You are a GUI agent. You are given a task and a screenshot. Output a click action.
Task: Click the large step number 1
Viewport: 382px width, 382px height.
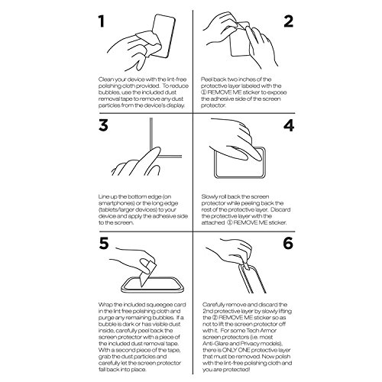(102, 21)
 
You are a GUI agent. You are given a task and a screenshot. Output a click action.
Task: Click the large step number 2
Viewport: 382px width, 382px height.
(289, 21)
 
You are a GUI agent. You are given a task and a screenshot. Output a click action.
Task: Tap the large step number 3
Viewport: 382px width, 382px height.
(103, 125)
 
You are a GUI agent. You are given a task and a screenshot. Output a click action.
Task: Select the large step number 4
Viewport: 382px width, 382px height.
(289, 125)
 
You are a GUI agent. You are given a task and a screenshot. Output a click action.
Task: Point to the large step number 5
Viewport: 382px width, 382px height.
(104, 243)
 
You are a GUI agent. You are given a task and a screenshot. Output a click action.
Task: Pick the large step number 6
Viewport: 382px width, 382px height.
(288, 243)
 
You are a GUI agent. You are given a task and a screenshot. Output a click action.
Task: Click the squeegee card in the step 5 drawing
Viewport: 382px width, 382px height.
(147, 273)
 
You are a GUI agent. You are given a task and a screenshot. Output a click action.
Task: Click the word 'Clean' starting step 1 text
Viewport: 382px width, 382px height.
(105, 79)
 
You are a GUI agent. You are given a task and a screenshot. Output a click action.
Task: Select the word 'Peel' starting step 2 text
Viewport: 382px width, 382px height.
(206, 79)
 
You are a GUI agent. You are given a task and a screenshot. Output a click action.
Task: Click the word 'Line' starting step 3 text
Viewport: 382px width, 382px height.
(104, 197)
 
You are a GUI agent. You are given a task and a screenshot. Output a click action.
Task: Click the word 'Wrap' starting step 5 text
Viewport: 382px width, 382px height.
(105, 305)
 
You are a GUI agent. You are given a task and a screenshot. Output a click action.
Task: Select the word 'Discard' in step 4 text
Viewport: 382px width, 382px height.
(280, 209)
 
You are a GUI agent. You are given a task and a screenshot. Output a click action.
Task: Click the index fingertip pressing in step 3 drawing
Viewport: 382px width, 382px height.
(157, 150)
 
